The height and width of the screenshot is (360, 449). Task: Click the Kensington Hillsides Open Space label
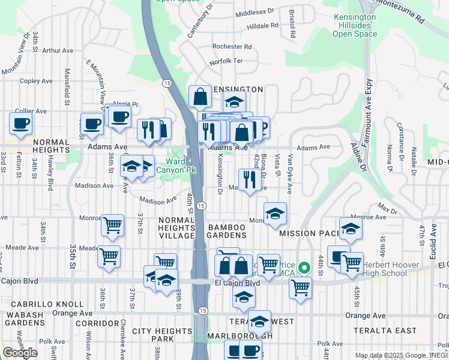(x=355, y=25)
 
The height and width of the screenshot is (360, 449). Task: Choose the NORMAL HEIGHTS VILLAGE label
(x=176, y=228)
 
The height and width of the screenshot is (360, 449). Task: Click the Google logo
(x=20, y=352)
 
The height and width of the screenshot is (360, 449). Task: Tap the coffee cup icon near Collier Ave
(x=20, y=124)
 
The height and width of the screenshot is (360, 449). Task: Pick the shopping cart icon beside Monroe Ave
(x=112, y=226)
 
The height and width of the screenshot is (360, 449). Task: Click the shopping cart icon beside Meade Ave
(x=109, y=256)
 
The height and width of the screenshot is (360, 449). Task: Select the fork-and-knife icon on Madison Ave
(x=249, y=179)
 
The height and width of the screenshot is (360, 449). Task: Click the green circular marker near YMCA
(x=304, y=268)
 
